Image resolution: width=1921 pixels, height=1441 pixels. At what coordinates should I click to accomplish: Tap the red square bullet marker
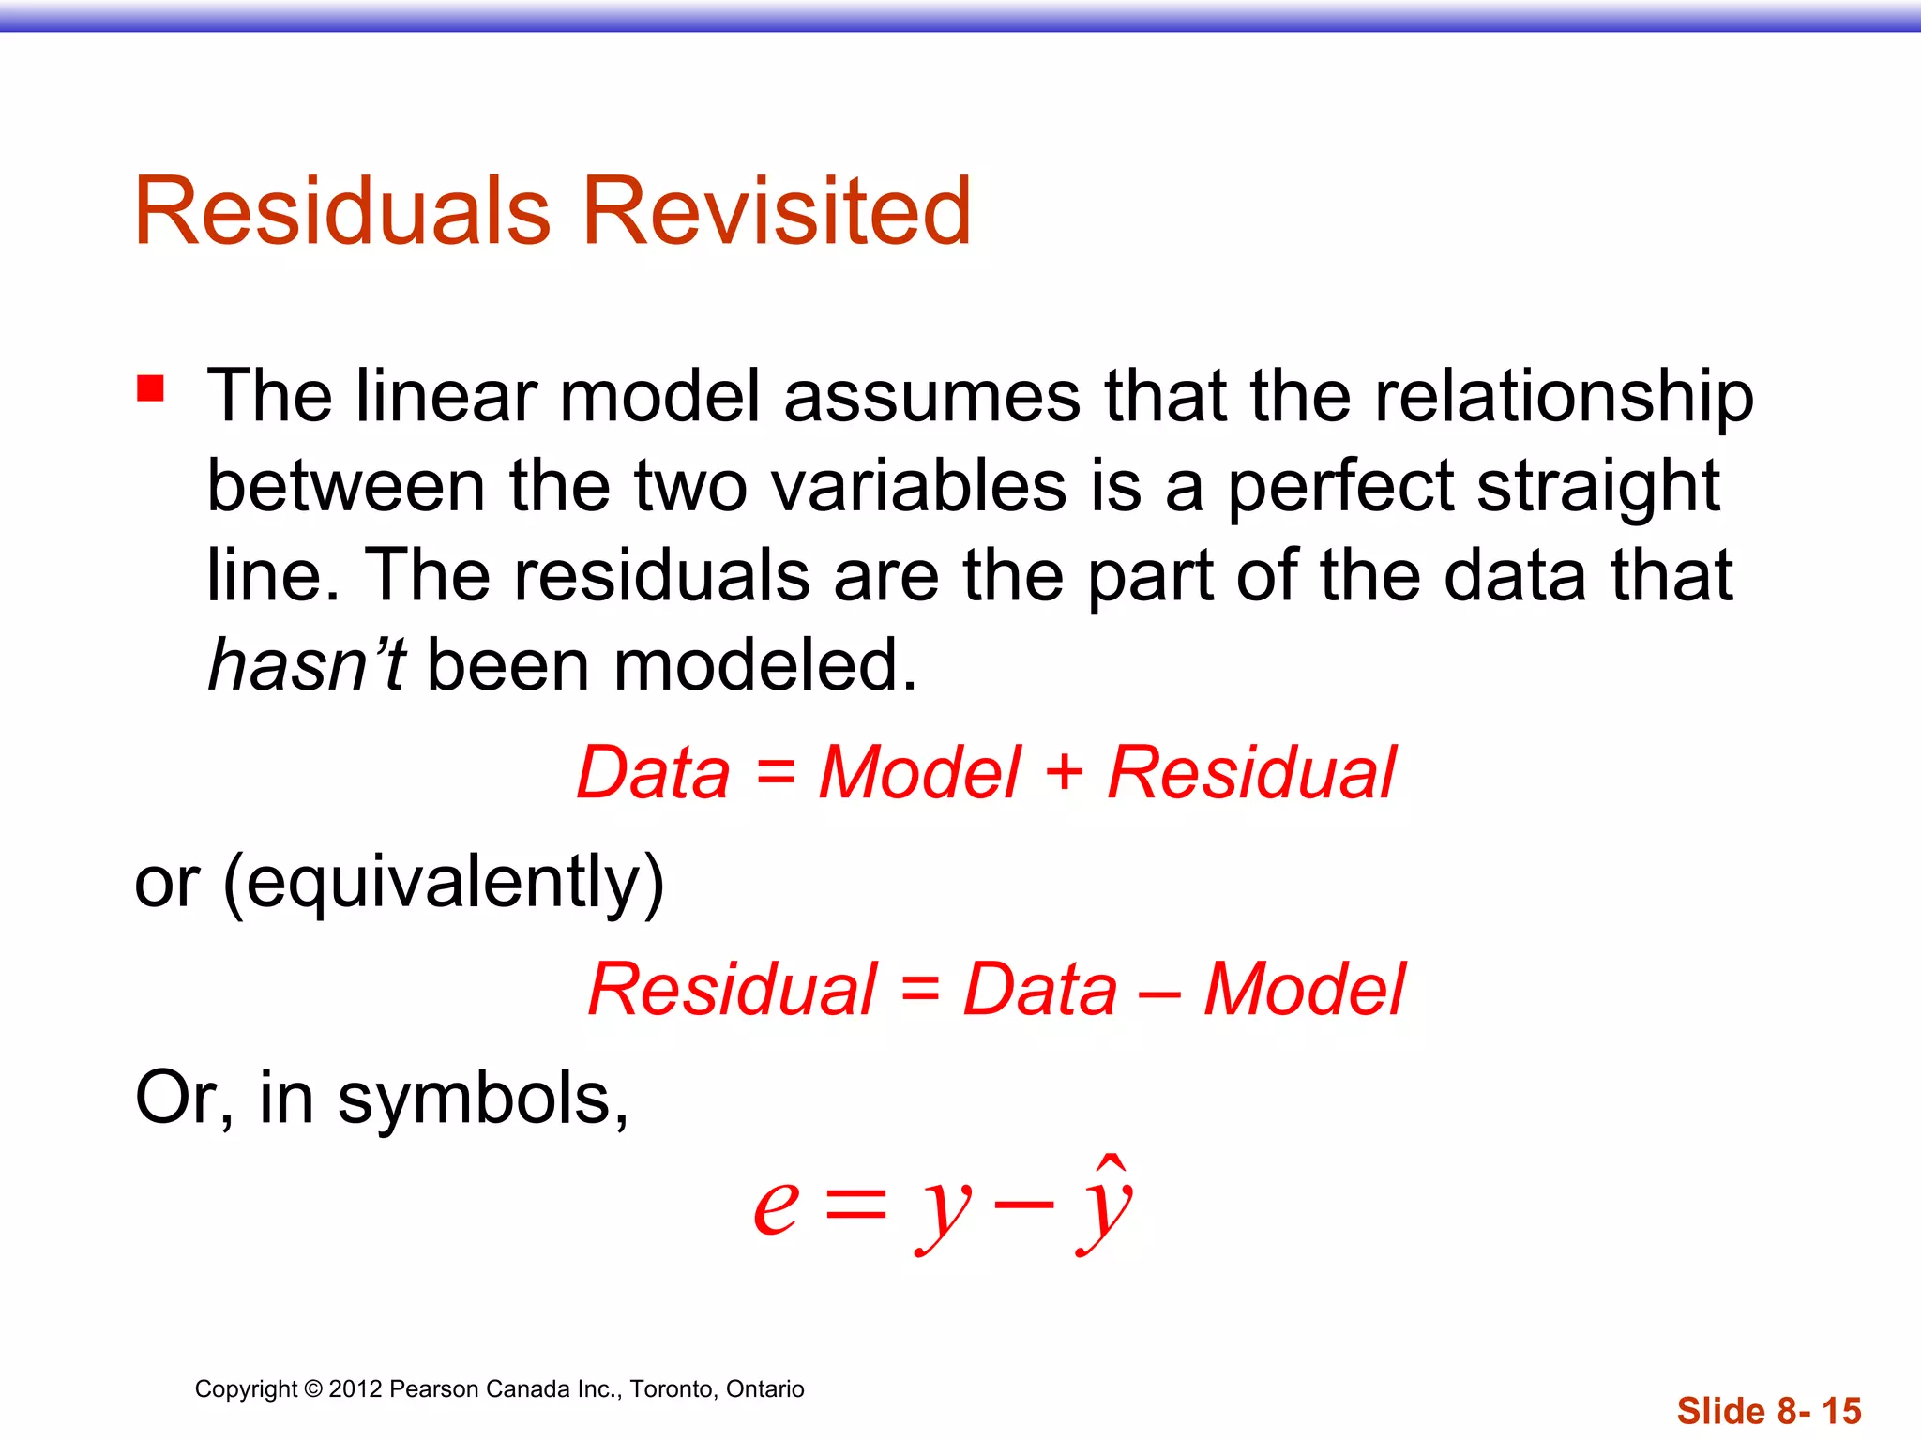(x=150, y=387)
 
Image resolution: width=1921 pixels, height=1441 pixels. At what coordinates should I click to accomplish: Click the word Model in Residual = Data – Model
(x=1304, y=991)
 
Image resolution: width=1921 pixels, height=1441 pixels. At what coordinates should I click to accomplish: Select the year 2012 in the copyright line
(x=355, y=1389)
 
